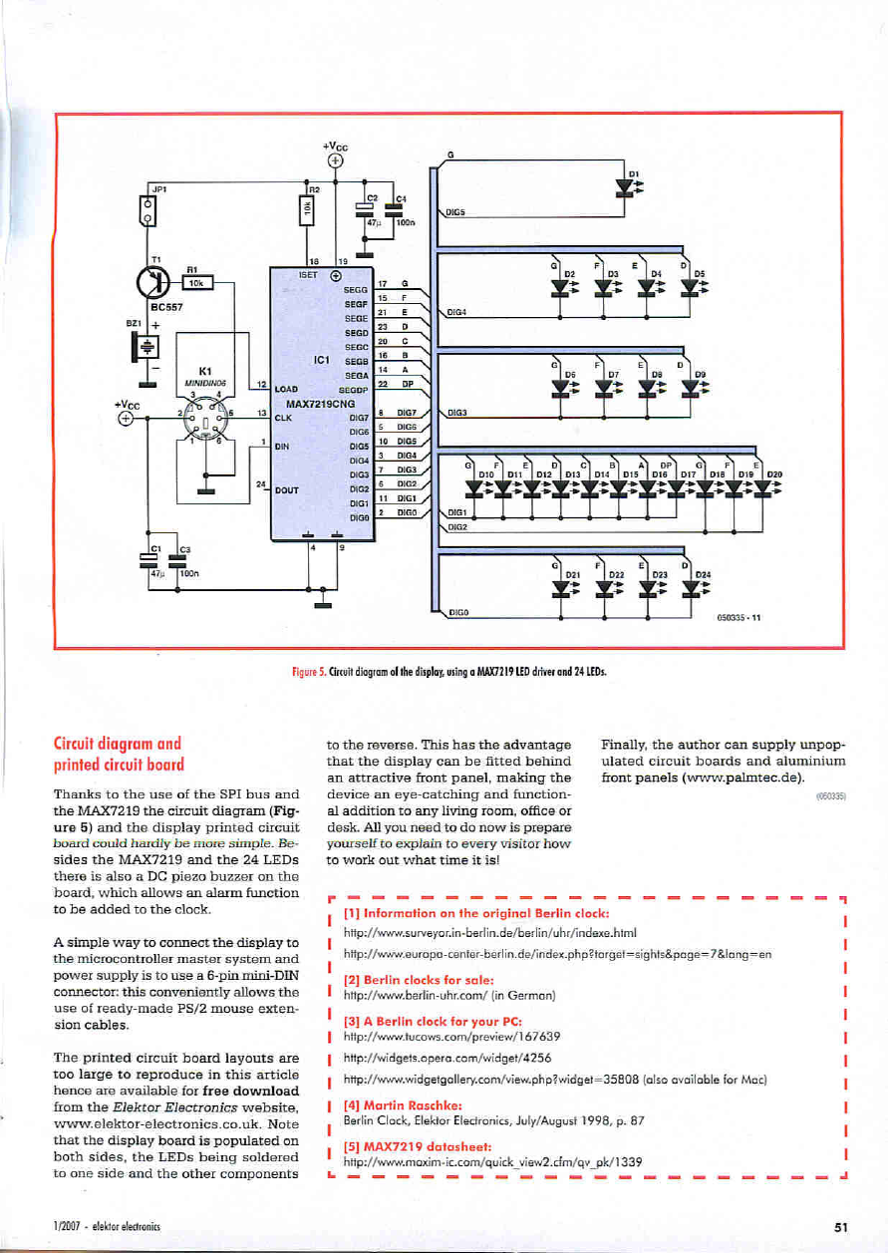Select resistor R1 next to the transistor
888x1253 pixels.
pyautogui.click(x=197, y=283)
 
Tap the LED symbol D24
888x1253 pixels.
pyautogui.click(x=689, y=587)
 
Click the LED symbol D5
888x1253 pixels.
pyautogui.click(x=689, y=283)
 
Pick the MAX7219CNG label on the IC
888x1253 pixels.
pyautogui.click(x=319, y=404)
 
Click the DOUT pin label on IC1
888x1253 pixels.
pyautogui.click(x=287, y=490)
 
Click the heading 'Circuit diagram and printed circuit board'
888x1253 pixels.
pyautogui.click(x=124, y=753)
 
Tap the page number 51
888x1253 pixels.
pyautogui.click(x=838, y=1227)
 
